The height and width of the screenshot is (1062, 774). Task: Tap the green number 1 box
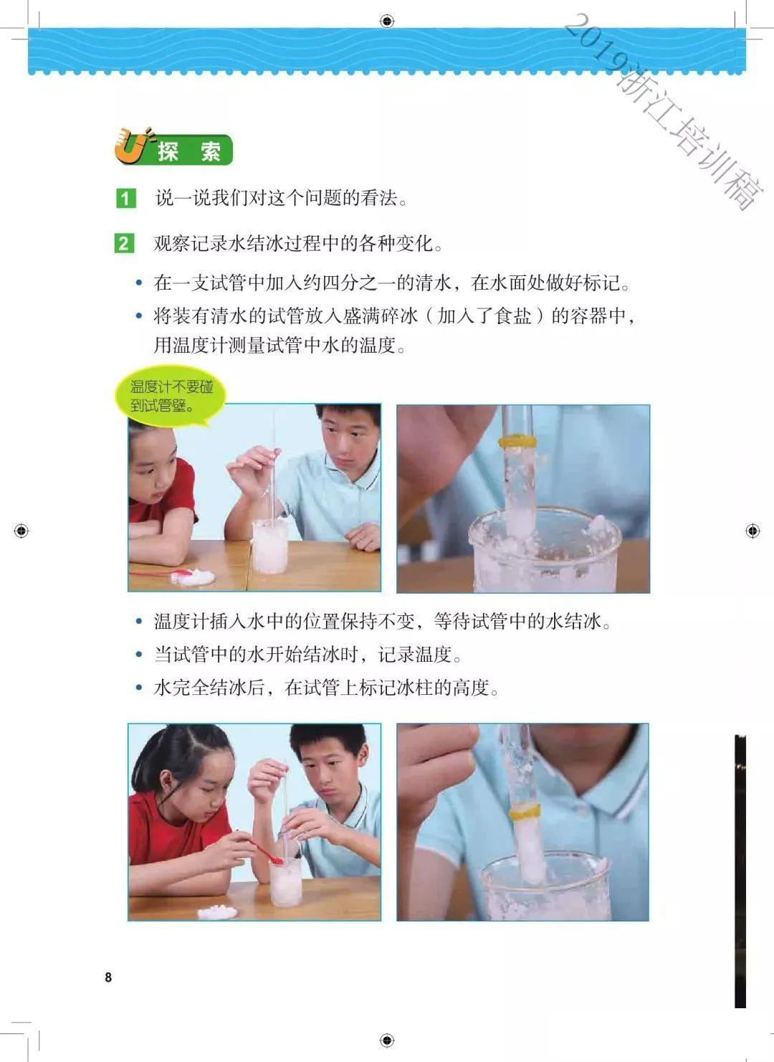(x=125, y=199)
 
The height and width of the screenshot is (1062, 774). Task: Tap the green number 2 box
(x=124, y=244)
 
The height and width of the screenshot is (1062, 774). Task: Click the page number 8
(x=108, y=977)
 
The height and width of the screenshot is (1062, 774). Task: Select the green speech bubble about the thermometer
(x=171, y=397)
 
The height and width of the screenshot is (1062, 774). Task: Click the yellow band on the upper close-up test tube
(x=517, y=440)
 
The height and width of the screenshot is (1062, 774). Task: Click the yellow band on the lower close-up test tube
(x=524, y=812)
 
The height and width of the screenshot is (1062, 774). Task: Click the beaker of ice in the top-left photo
(x=270, y=544)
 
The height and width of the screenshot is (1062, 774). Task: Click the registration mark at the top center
(x=387, y=21)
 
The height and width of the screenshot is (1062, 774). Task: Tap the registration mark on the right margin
(x=752, y=531)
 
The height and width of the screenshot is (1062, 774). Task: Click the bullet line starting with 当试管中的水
(x=308, y=655)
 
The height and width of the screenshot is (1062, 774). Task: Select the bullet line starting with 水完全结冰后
(x=326, y=688)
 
